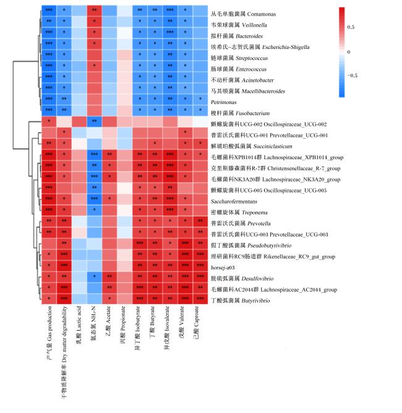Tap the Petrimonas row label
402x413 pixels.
224,102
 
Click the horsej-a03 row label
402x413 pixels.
223,267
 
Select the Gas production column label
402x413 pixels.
49,333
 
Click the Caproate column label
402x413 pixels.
196,323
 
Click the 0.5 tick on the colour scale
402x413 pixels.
351,27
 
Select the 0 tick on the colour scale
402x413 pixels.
349,52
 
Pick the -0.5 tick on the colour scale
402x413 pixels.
353,76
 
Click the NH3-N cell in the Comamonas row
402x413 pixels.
95,11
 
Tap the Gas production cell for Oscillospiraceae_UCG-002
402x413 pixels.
49,121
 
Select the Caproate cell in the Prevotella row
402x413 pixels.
200,220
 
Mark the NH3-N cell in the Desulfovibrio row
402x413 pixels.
95,276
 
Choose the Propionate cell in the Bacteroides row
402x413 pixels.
125,32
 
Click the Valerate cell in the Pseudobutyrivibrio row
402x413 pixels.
185,243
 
